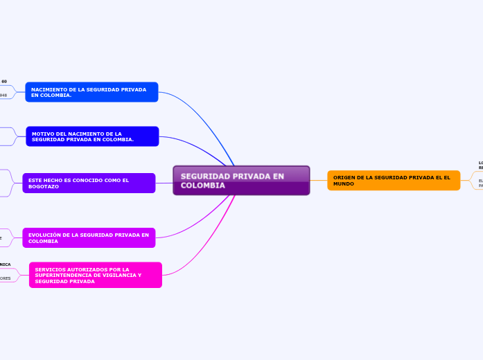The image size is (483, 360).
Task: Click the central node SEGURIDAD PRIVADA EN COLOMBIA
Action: tap(241, 181)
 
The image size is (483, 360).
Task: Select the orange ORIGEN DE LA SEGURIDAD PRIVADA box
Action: tap(394, 181)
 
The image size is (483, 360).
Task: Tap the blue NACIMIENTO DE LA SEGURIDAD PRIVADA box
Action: tap(91, 92)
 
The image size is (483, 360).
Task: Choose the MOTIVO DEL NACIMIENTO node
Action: tap(92, 136)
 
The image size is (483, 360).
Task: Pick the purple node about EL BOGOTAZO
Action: tap(89, 183)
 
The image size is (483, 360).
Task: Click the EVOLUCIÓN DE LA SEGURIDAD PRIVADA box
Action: tap(89, 238)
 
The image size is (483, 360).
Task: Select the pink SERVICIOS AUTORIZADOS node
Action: tap(96, 275)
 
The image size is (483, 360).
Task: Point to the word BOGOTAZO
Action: tap(44, 187)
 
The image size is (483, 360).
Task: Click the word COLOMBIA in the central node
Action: tap(203, 186)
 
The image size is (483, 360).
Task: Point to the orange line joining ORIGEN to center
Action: tap(318, 181)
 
